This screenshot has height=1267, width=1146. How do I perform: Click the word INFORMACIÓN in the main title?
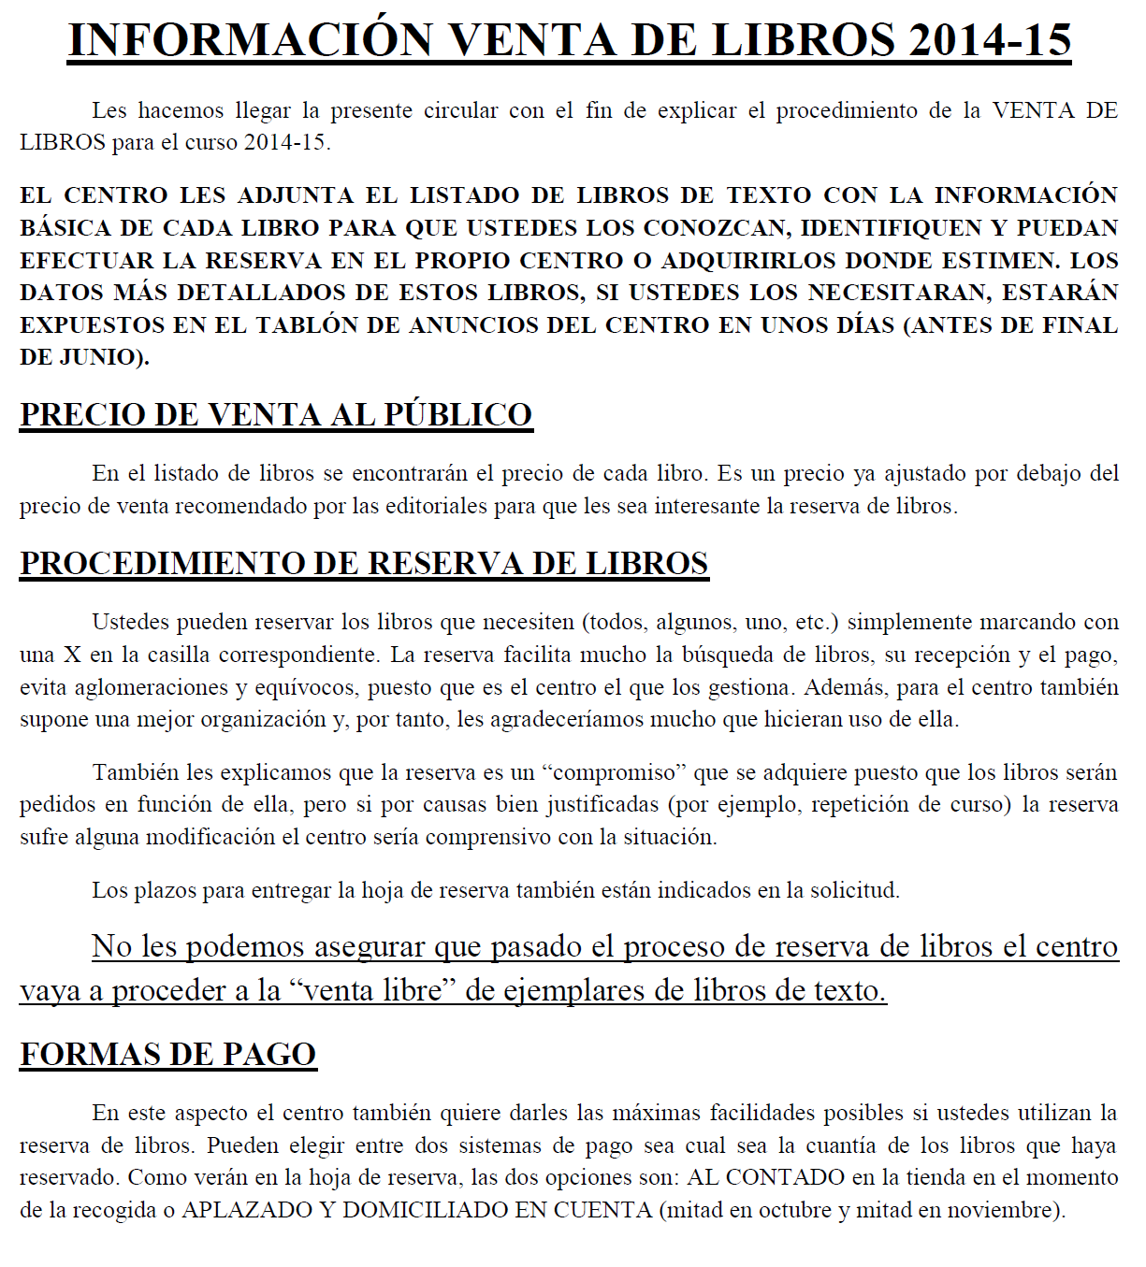pyautogui.click(x=252, y=40)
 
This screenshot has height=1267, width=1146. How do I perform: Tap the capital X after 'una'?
pyautogui.click(x=72, y=655)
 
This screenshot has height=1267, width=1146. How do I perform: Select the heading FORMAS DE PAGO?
pyautogui.click(x=168, y=1055)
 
